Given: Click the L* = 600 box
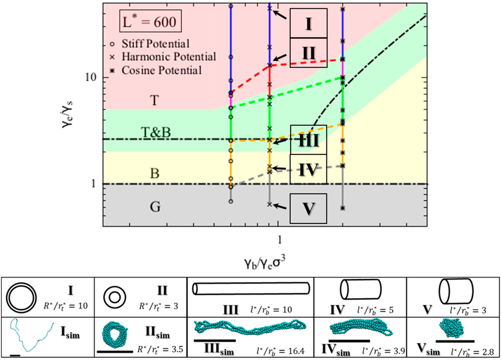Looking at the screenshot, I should [148, 24].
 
